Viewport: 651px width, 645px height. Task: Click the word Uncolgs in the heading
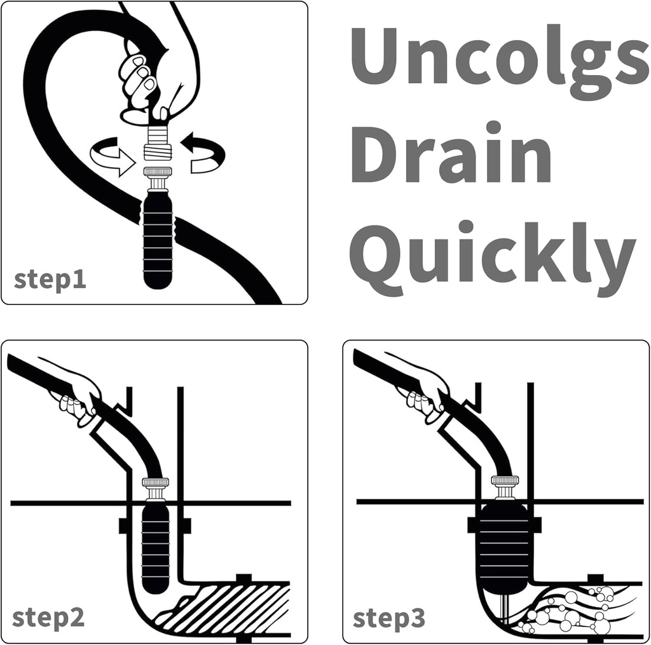coord(496,61)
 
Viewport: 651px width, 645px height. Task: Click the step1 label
coord(50,280)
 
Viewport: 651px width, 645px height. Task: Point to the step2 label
coord(48,617)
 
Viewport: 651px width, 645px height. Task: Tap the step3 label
coord(389,617)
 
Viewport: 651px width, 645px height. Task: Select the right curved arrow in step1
coord(204,155)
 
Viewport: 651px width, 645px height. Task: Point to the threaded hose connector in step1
coord(157,143)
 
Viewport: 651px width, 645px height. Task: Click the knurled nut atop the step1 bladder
coord(156,173)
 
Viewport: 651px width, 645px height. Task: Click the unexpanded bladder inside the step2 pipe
coord(156,547)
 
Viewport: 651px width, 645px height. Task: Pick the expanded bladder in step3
coord(504,547)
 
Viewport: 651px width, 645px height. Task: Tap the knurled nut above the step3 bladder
coord(504,486)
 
